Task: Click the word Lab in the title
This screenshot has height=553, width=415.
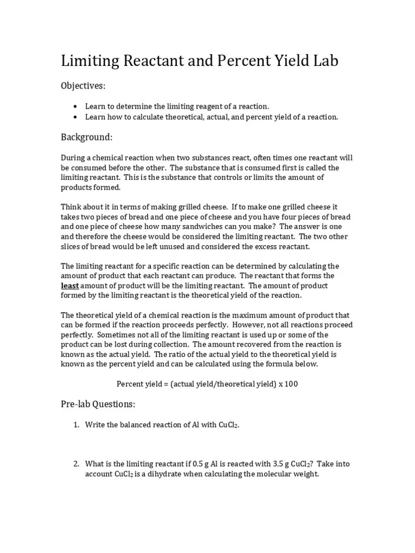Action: coord(323,61)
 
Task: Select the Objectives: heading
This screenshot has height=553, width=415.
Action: coord(83,86)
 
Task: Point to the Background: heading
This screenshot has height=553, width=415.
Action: coord(86,137)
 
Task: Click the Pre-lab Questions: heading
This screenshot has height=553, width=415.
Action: coord(98,404)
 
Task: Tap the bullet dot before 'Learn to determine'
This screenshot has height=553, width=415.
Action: coord(75,106)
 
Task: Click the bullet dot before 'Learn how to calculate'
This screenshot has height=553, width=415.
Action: coord(75,117)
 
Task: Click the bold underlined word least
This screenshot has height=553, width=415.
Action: coord(70,286)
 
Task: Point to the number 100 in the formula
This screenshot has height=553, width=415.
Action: coord(291,384)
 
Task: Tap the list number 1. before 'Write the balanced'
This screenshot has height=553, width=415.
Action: coord(76,425)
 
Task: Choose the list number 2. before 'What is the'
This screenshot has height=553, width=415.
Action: coord(76,464)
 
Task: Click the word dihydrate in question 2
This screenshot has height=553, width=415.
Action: coord(159,474)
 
